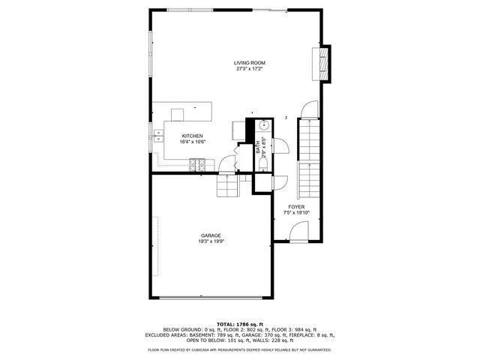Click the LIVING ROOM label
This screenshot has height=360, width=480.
249,63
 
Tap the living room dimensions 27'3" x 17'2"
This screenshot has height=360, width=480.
249,69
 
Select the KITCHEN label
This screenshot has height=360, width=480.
192,136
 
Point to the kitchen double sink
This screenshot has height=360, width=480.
159,136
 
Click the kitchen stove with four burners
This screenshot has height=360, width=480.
198,163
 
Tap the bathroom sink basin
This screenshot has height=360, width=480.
263,125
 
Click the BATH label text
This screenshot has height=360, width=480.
257,142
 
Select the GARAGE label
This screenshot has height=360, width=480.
211,235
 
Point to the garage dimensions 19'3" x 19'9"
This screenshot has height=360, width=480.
211,241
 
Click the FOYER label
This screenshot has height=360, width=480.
296,206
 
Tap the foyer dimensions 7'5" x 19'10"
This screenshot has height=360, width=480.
296,212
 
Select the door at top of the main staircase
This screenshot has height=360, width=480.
307,111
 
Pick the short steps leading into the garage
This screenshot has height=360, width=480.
227,185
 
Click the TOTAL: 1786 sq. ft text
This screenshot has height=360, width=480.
240,324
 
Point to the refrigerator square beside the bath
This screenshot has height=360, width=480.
239,130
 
